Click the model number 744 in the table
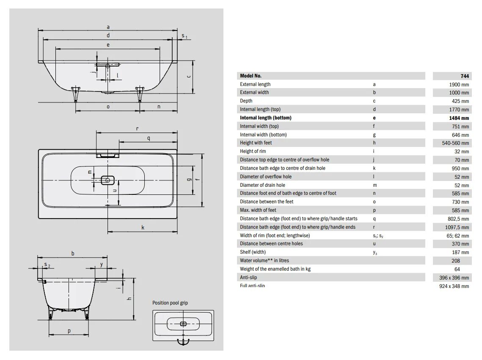point(464,76)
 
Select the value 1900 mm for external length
point(459,84)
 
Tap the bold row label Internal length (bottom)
point(266,118)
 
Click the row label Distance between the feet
point(267,202)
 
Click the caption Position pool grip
point(170,303)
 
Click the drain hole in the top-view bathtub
point(108,180)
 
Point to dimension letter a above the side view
point(108,27)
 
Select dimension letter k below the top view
point(143,227)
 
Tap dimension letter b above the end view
point(73,253)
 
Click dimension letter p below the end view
point(69,331)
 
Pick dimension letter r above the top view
point(138,128)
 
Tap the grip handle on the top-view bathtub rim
point(108,155)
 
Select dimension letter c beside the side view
point(189,76)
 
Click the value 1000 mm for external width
point(459,93)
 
